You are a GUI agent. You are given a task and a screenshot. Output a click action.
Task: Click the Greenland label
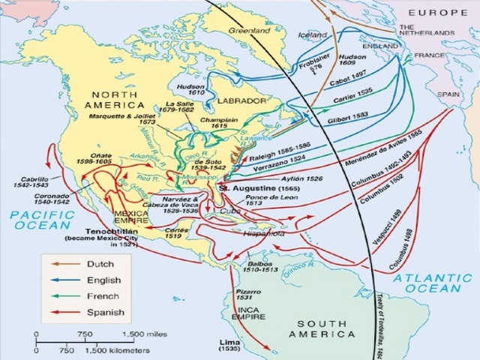point(249,32)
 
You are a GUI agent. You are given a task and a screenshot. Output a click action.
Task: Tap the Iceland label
point(312,34)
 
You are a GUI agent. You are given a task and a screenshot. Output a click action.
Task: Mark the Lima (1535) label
point(229,345)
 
